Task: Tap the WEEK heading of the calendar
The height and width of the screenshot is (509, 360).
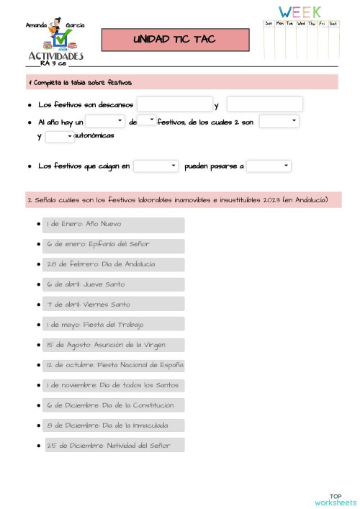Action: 300,12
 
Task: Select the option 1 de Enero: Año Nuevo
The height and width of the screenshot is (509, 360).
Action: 113,225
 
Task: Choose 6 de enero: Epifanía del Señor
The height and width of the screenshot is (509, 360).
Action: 113,245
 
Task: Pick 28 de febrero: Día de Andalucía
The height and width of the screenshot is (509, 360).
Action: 113,265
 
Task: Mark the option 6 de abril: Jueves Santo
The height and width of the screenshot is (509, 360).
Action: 113,285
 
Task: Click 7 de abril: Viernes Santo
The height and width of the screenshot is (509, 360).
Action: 113,305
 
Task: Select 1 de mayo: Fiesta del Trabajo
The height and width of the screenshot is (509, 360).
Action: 113,325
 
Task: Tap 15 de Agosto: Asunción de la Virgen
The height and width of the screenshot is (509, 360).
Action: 113,345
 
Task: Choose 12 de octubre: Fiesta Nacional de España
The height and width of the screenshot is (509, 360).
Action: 113,365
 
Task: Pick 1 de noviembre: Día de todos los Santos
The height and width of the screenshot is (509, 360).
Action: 113,385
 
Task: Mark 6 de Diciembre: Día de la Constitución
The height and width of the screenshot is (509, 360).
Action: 113,405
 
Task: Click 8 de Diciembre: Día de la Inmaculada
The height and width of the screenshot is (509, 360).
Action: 113,425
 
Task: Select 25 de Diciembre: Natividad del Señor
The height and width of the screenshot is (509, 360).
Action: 114,446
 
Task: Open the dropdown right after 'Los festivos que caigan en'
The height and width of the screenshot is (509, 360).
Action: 156,166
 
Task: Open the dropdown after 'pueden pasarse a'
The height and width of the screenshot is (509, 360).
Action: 269,166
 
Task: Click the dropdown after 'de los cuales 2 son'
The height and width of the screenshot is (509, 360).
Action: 279,122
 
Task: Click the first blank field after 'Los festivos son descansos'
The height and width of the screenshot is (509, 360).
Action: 175,104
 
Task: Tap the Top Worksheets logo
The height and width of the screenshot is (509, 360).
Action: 336,500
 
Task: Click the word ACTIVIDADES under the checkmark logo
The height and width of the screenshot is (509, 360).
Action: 56,55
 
